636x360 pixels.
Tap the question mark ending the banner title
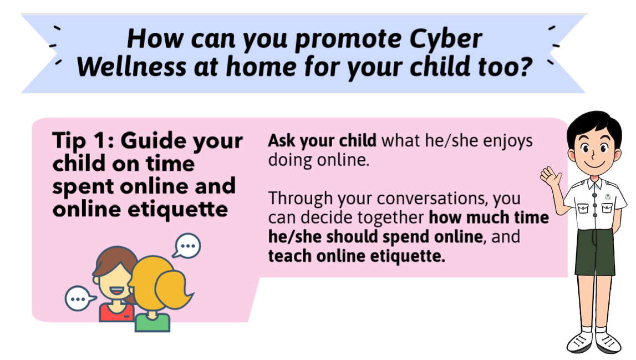(x=526, y=66)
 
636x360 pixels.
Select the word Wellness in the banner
(x=131, y=67)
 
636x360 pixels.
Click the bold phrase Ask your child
(x=322, y=141)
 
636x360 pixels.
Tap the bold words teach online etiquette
(x=357, y=256)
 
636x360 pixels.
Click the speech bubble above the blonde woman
(x=187, y=246)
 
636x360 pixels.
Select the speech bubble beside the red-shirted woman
(x=80, y=298)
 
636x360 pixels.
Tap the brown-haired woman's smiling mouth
(x=118, y=291)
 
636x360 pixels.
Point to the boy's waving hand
(x=551, y=177)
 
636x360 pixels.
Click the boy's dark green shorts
(x=594, y=252)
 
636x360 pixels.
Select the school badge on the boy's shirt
(x=608, y=197)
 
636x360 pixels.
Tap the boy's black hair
(x=594, y=126)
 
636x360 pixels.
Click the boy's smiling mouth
(x=594, y=165)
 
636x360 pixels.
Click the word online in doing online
(x=343, y=160)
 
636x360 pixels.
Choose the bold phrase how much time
(x=489, y=217)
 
